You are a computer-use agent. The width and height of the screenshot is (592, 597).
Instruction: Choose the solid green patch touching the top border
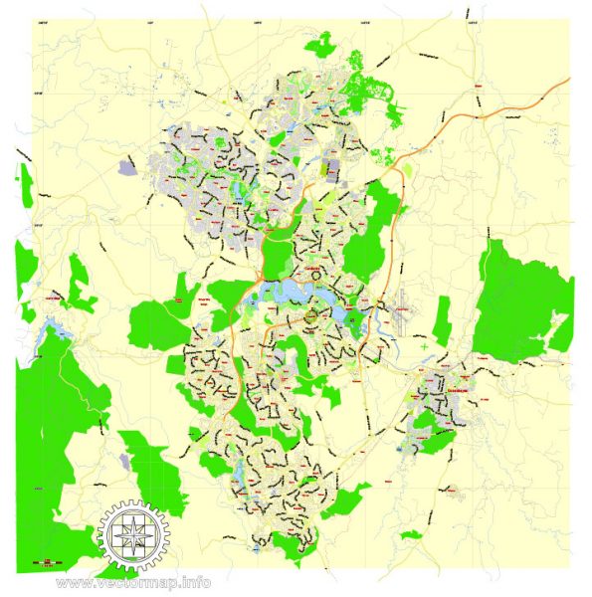[x=323, y=45]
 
